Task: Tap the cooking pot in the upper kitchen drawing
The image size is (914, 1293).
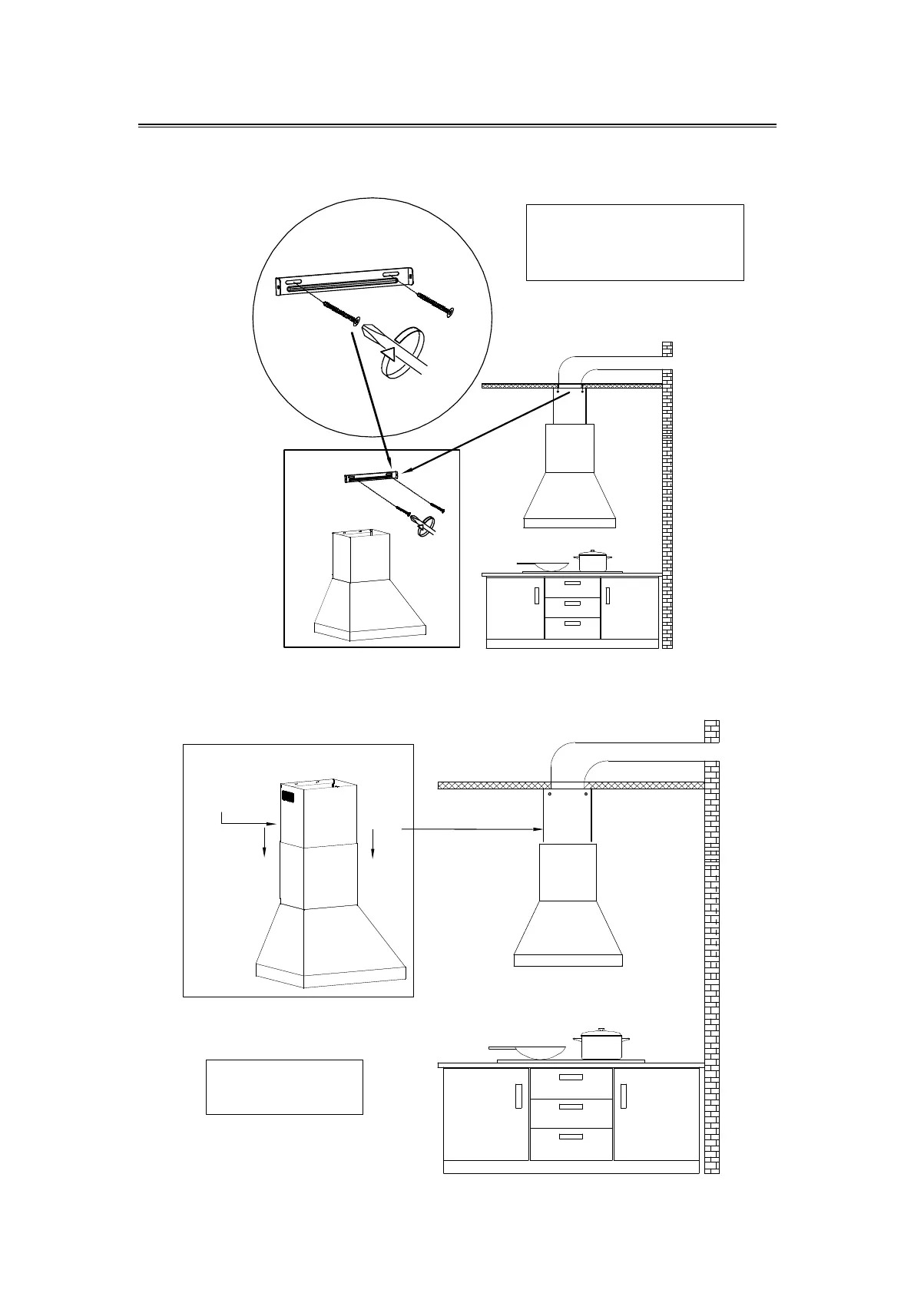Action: tap(588, 561)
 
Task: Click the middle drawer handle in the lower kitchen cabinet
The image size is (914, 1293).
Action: tap(571, 1106)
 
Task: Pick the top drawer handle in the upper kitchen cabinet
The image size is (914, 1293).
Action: tap(572, 584)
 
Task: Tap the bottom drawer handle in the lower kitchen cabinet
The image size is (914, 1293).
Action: tap(571, 1136)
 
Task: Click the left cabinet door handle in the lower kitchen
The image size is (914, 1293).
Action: tap(518, 1096)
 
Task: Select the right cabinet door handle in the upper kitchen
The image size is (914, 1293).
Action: tap(607, 596)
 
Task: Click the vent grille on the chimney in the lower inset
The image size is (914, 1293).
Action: tap(287, 797)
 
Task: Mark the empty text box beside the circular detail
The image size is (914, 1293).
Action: tap(634, 242)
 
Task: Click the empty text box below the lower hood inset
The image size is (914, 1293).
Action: tap(284, 1086)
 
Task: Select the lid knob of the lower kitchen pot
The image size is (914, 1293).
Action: tap(601, 1030)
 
